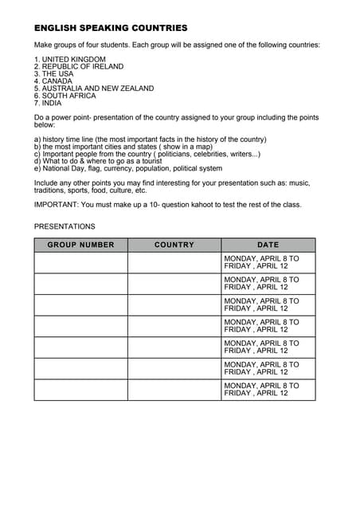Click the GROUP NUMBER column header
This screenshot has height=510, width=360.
pos(80,245)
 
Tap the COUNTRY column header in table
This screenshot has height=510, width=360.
pos(174,245)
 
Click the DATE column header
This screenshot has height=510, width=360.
pos(268,245)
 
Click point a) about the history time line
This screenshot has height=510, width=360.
pos(150,139)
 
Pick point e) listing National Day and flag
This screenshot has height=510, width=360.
pos(128,169)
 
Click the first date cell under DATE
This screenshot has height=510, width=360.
pos(268,262)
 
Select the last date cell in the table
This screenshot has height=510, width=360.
pos(268,389)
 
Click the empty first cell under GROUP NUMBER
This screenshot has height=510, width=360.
pos(80,262)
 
